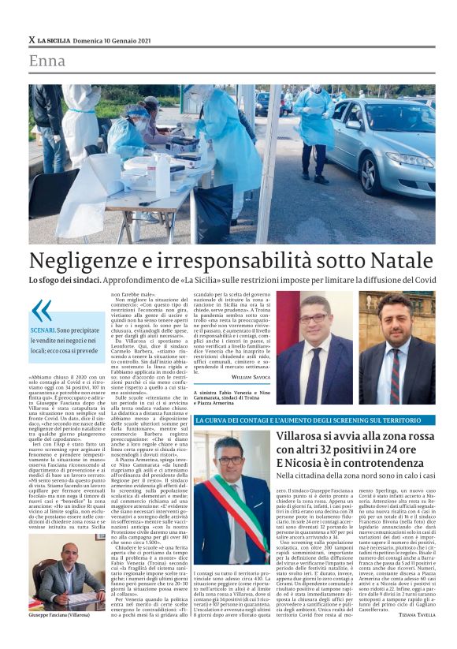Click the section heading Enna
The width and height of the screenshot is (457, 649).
[47, 61]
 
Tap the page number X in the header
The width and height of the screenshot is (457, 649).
[32, 39]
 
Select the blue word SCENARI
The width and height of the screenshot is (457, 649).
[43, 329]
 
